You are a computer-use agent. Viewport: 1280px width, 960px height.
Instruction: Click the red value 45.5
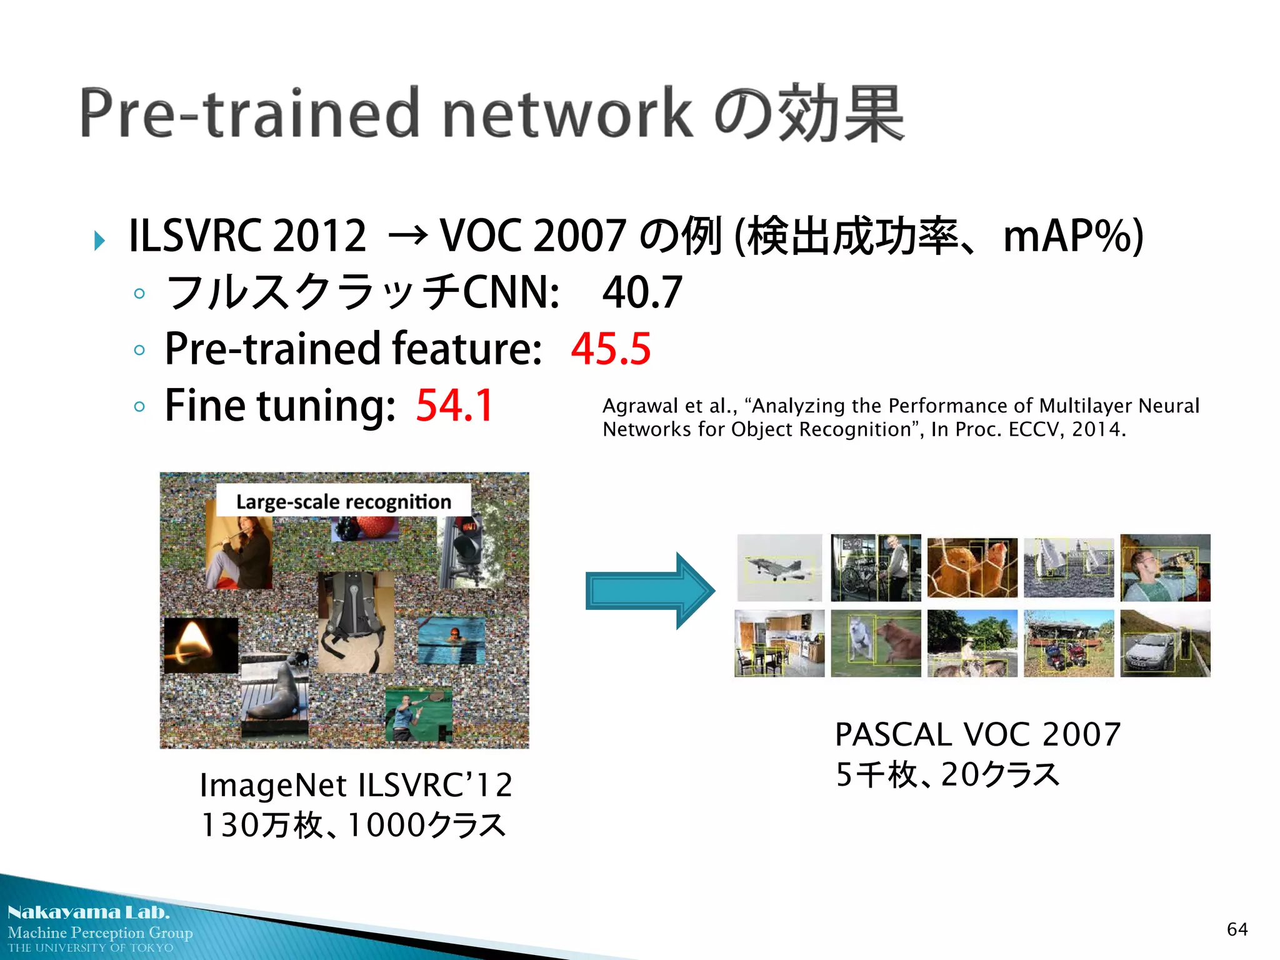[611, 348]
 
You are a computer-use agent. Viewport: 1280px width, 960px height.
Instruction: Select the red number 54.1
[454, 405]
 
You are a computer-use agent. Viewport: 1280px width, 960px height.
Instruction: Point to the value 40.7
[642, 292]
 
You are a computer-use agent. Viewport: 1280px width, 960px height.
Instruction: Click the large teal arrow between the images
[650, 591]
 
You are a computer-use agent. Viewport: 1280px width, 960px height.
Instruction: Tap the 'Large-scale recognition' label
[343, 501]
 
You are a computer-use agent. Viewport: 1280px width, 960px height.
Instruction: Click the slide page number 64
[1237, 929]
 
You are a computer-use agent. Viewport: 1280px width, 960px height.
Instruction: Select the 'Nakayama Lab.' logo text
[88, 912]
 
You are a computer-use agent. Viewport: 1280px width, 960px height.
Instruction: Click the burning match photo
[201, 645]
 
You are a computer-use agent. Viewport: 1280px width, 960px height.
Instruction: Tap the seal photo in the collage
[275, 694]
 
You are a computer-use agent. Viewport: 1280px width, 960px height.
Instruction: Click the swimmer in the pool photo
[451, 639]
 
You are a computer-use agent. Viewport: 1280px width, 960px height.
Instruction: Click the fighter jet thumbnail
[779, 567]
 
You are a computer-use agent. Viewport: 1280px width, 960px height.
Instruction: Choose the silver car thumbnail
[1164, 644]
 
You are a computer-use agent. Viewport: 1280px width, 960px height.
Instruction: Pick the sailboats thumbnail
[1068, 567]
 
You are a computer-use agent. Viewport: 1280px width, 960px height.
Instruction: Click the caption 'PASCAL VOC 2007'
[977, 734]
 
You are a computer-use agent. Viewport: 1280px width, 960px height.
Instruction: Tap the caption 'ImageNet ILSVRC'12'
[356, 785]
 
